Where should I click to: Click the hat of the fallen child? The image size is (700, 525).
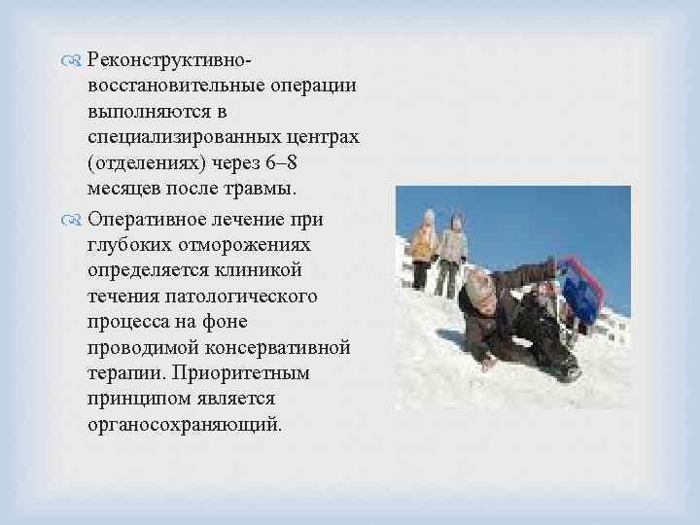click(x=479, y=285)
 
